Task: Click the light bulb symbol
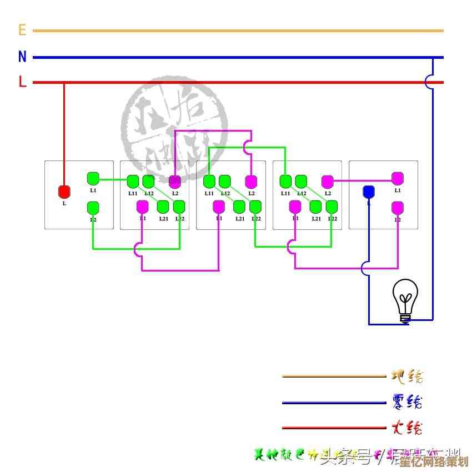coord(405,300)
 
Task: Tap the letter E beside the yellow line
coord(22,30)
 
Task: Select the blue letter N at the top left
coord(22,57)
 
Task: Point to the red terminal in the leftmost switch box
coord(64,192)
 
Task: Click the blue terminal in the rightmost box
coord(368,192)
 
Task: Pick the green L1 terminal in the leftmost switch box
coord(93,179)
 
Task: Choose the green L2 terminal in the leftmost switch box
coord(93,208)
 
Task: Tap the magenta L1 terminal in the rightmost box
coord(397,178)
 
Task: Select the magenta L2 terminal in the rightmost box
coord(397,208)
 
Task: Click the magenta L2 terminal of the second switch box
coord(174,181)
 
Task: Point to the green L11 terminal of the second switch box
coord(133,181)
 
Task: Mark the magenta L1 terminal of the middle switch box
coord(219,207)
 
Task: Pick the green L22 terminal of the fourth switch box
coord(332,207)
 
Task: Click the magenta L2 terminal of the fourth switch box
coord(327,181)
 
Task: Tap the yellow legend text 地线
coord(407,376)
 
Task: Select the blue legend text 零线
coord(407,401)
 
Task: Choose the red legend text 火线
coord(407,428)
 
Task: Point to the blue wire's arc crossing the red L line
coord(430,82)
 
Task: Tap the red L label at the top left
coord(22,82)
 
